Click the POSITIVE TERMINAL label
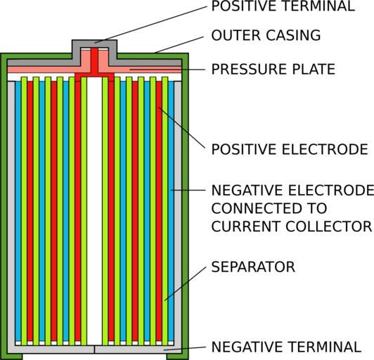[x=283, y=6]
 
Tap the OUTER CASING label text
[x=266, y=35]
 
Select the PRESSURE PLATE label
[x=273, y=69]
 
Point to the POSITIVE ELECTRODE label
[x=290, y=149]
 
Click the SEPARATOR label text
[x=253, y=266]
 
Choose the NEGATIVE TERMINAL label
[x=286, y=347]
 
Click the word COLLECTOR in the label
[x=329, y=226]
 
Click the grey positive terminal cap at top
[x=94, y=44]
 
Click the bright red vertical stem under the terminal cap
[x=94, y=61]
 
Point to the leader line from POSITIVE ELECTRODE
[x=181, y=128]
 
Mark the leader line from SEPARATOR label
[x=185, y=283]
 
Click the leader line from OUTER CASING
[x=179, y=45]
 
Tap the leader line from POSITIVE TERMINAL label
[x=150, y=25]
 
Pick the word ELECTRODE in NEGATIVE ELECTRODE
[x=331, y=190]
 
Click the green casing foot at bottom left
[x=11, y=356]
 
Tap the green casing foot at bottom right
[x=177, y=356]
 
